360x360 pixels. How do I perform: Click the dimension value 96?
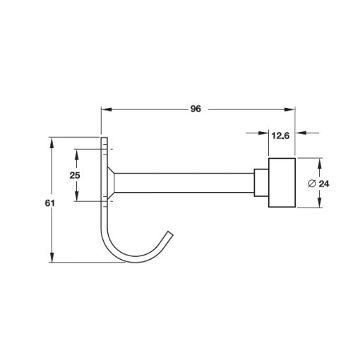tap(196, 109)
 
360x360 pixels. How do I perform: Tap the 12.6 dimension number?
tap(280, 136)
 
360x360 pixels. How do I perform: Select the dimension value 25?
tap(75, 175)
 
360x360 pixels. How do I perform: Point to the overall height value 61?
tap(49, 203)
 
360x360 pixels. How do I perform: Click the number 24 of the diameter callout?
tap(324, 184)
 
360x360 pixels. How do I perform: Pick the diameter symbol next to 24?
tap(312, 184)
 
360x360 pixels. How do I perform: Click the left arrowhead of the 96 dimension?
tap(107, 109)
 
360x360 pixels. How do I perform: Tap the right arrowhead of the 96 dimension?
tap(289, 109)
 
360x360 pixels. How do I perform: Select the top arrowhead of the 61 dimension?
tap(52, 143)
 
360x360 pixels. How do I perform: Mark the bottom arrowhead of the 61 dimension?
tap(52, 257)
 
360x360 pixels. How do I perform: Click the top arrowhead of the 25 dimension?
tap(76, 155)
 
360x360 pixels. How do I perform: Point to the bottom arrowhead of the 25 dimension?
tap(76, 196)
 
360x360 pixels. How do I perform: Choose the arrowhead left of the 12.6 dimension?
tap(263, 133)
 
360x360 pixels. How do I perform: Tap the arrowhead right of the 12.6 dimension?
tap(301, 133)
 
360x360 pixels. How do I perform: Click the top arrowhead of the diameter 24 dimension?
tap(319, 164)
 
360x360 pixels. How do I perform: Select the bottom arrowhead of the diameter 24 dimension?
tap(319, 203)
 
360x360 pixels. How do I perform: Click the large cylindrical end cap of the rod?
tap(282, 183)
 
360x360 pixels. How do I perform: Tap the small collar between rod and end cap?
tap(261, 183)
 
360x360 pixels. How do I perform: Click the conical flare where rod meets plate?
tap(111, 183)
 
